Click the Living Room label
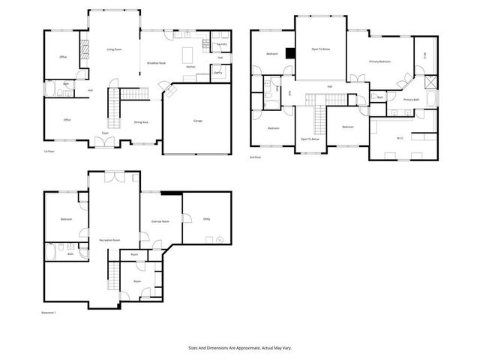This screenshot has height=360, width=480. (x=114, y=49)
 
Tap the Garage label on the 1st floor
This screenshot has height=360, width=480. (x=198, y=121)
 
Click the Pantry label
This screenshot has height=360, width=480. (x=217, y=73)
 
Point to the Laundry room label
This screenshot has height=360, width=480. (x=223, y=44)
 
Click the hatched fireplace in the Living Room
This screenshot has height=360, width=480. (x=85, y=49)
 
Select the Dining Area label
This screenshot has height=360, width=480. (x=140, y=121)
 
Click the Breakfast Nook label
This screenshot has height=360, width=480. (x=156, y=64)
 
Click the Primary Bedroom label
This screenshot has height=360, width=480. (x=379, y=61)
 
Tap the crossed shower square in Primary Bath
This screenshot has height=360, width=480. (x=430, y=84)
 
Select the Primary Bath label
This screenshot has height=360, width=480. (x=410, y=100)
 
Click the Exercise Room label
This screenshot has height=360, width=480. (x=160, y=221)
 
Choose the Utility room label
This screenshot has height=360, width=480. (x=205, y=218)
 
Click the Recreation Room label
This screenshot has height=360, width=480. (x=110, y=240)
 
